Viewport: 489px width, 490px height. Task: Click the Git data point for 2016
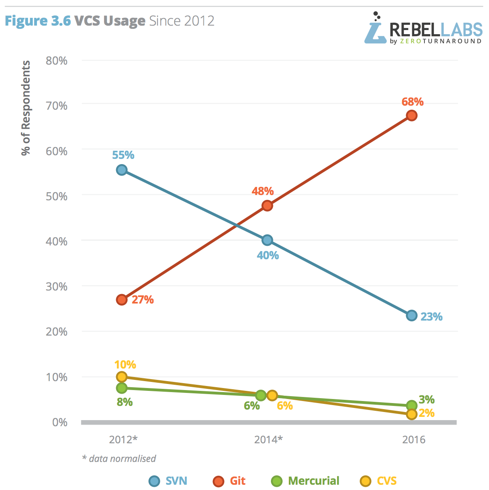pos(411,115)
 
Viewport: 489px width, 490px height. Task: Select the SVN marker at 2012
pos(122,170)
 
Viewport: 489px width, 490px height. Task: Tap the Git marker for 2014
pos(267,206)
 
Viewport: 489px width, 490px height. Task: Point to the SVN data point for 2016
pos(411,315)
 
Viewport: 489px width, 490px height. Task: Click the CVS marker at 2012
pos(122,377)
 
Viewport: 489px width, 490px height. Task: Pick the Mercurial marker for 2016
pos(411,405)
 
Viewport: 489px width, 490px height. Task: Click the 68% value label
pos(413,102)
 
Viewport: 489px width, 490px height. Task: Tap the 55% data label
pos(123,155)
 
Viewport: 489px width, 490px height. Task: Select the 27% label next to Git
pos(143,300)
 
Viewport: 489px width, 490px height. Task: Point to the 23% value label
pos(431,317)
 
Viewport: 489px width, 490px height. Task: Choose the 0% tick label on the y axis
pos(60,422)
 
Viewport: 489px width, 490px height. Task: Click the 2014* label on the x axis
pos(268,440)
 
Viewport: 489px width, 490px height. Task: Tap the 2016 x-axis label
pos(413,440)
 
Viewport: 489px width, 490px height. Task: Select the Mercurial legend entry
pos(305,481)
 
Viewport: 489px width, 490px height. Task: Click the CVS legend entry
pos(379,481)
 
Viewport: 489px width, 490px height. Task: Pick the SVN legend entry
pos(168,481)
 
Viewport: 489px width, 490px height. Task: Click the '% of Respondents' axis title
pos(26,108)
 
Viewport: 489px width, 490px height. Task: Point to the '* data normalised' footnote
pos(119,459)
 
